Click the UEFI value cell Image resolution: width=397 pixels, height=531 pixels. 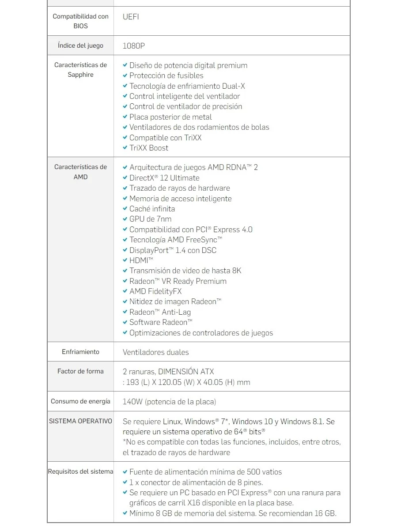pyautogui.click(x=131, y=17)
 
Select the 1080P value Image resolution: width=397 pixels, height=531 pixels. pyautogui.click(x=134, y=45)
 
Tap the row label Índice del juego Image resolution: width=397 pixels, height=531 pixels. pyautogui.click(x=80, y=45)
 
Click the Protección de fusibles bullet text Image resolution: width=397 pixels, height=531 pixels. pyautogui.click(x=166, y=75)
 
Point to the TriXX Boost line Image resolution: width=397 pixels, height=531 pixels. pyautogui.click(x=148, y=148)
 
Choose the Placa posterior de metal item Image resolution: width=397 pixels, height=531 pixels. pyautogui.click(x=170, y=117)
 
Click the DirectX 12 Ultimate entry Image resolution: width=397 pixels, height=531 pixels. pyautogui.click(x=164, y=178)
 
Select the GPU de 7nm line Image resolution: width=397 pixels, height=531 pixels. pyautogui.click(x=150, y=219)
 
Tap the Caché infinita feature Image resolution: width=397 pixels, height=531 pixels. pyautogui.click(x=152, y=209)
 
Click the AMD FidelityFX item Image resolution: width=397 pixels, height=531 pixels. pyautogui.click(x=155, y=291)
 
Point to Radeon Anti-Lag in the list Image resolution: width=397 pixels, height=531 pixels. pyautogui.click(x=160, y=312)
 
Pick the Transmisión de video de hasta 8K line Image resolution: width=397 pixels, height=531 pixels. pyautogui.click(x=185, y=271)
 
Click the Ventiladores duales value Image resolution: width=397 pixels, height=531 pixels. pyautogui.click(x=155, y=352)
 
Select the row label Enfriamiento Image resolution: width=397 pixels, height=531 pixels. pyautogui.click(x=80, y=352)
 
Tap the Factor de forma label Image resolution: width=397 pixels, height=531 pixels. pyautogui.click(x=80, y=371)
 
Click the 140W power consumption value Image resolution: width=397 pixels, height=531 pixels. pyautogui.click(x=169, y=402)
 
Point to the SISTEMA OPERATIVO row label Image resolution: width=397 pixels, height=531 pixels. pyautogui.click(x=80, y=421)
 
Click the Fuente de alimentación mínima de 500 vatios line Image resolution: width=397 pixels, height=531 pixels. pyautogui.click(x=205, y=472)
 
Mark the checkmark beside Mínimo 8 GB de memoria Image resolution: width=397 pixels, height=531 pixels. pyautogui.click(x=125, y=513)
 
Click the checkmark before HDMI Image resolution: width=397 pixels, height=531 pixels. pyautogui.click(x=125, y=260)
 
